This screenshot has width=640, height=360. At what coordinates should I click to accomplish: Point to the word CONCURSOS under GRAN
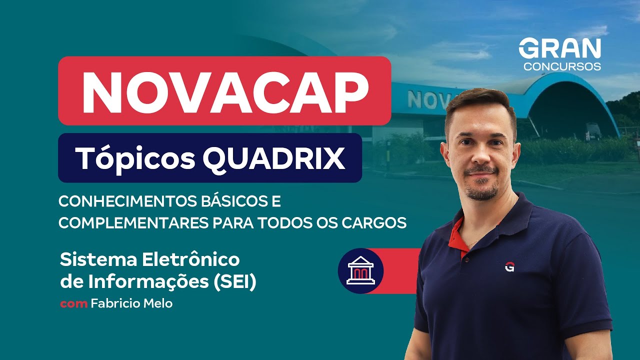[562, 67]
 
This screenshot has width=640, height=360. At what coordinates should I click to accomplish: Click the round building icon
[360, 271]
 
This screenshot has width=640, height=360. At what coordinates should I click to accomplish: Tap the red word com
[73, 303]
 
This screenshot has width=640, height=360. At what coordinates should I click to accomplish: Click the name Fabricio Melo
[132, 303]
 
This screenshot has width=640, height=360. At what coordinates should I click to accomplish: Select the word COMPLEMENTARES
[134, 222]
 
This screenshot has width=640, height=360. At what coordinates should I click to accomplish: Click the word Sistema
[98, 260]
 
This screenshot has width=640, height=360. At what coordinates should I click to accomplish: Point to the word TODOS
[284, 222]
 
